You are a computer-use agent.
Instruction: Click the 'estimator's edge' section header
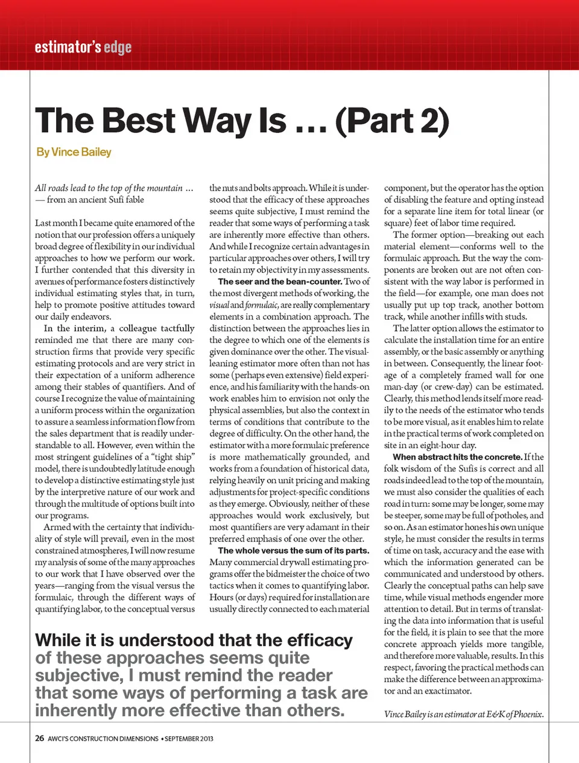click(x=83, y=47)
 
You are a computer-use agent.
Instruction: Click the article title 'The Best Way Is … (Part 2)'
click(x=242, y=120)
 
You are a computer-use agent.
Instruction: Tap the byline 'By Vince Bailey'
click(x=74, y=152)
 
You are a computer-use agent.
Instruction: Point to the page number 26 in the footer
click(x=39, y=738)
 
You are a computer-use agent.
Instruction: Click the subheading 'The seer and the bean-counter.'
click(x=280, y=282)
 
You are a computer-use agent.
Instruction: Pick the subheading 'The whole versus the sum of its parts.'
click(x=293, y=551)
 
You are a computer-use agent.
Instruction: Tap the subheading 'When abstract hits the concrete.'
click(x=457, y=457)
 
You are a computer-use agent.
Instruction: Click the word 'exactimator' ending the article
click(x=446, y=691)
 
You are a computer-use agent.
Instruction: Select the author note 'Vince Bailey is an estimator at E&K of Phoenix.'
click(x=463, y=715)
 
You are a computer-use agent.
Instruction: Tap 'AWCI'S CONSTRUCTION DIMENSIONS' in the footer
click(x=103, y=738)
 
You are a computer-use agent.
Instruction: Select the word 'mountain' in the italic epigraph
click(x=164, y=188)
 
